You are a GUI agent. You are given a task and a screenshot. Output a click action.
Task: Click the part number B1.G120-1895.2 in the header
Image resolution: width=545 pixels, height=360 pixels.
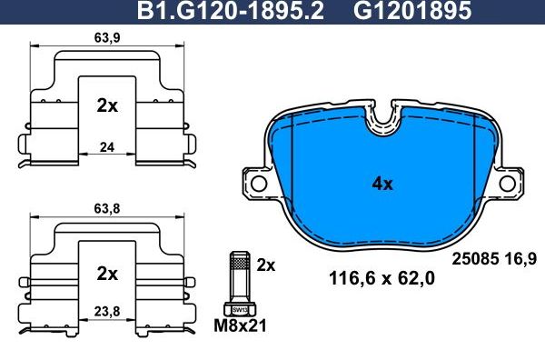coord(229,11)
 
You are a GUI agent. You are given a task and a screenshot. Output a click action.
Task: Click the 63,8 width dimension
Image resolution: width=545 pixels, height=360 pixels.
coord(107,206)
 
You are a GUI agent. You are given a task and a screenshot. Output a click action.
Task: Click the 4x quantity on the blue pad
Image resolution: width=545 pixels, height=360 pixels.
coord(382,183)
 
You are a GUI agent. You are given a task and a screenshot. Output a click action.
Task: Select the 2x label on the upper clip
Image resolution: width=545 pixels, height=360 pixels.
coord(107,105)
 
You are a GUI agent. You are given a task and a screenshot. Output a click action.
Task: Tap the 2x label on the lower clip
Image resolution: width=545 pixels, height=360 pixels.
coord(107,273)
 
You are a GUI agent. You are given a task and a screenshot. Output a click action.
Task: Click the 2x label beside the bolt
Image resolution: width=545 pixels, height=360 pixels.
coord(265,265)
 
